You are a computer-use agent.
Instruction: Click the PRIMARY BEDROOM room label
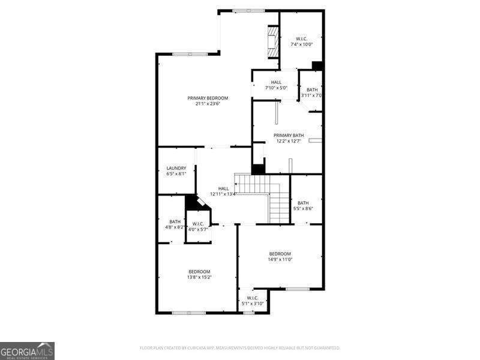click(208, 98)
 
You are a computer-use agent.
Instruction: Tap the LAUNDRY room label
click(176, 168)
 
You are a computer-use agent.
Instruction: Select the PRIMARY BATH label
click(289, 136)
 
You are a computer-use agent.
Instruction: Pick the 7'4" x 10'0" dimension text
click(302, 44)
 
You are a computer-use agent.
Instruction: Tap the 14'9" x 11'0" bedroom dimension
click(280, 259)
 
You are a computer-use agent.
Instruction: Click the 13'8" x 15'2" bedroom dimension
click(200, 277)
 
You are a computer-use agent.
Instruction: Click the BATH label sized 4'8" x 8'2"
click(175, 221)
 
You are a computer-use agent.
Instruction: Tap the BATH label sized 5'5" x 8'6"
click(303, 203)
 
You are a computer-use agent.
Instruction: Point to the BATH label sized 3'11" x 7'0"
click(312, 90)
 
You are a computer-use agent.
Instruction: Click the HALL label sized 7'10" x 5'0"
click(276, 82)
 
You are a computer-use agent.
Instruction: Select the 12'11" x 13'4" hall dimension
click(223, 194)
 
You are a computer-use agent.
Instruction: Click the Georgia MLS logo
click(27, 350)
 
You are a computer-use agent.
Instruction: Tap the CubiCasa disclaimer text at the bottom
click(239, 347)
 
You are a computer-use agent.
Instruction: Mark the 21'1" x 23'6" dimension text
click(208, 104)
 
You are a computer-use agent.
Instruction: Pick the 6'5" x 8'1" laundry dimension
click(176, 174)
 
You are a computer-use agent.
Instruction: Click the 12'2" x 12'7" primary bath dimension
click(289, 142)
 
